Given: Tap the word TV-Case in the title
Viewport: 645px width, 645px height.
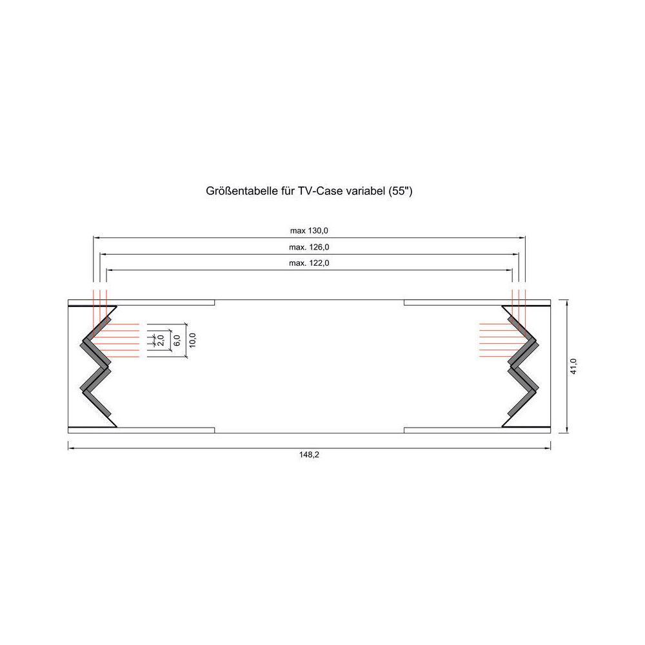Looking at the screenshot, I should click(317, 192).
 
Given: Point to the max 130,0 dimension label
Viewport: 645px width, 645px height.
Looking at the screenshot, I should click(310, 230).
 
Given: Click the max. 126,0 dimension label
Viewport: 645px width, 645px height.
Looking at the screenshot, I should click(310, 246).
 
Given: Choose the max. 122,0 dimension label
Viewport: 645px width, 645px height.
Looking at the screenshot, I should click(310, 263).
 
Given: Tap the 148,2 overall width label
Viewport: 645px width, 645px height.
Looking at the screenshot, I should click(310, 455).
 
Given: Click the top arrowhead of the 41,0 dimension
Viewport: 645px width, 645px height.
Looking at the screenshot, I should click(567, 302).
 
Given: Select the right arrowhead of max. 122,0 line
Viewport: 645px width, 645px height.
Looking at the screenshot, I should click(510, 270).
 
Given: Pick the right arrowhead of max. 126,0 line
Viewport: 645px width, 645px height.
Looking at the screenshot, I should click(517, 253).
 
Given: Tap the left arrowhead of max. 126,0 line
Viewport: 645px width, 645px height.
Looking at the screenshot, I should click(102, 253).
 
